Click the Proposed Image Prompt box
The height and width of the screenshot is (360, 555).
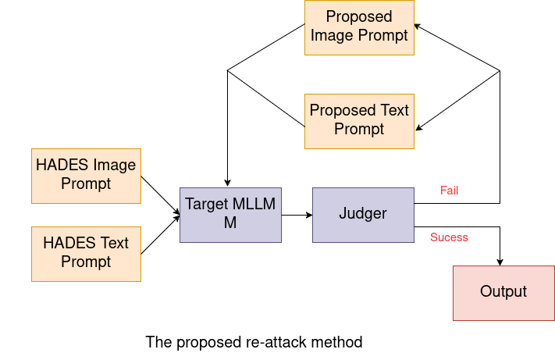click(359, 27)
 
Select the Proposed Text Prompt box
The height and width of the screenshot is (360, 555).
click(359, 121)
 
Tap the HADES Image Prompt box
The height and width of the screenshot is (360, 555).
click(86, 176)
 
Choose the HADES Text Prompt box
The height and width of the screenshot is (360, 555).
click(86, 254)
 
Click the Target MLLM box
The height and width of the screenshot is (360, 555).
click(230, 215)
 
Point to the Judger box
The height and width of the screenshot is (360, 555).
click(363, 215)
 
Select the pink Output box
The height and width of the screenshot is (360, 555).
click(503, 292)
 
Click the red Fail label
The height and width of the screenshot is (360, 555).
click(450, 191)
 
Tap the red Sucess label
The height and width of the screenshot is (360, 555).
click(450, 237)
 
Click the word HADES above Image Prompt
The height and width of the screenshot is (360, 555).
click(63, 166)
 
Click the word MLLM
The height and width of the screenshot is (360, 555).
click(253, 205)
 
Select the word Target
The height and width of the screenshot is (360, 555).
click(206, 205)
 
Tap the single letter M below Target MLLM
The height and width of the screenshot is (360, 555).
click(230, 223)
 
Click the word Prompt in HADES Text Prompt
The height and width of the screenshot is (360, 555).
click(86, 262)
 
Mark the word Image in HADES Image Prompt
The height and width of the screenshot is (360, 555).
click(115, 166)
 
